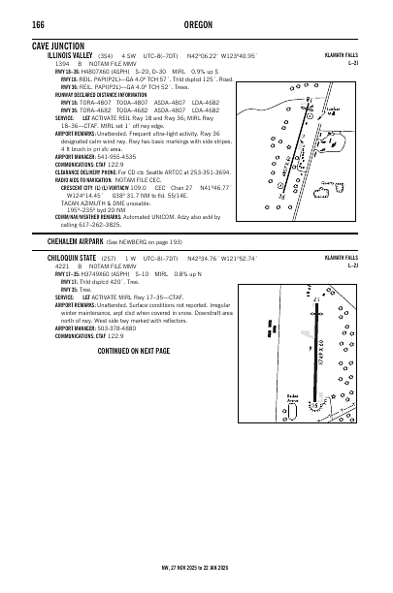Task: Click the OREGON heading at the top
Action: point(197,24)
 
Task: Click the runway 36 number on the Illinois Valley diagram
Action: point(281,196)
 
